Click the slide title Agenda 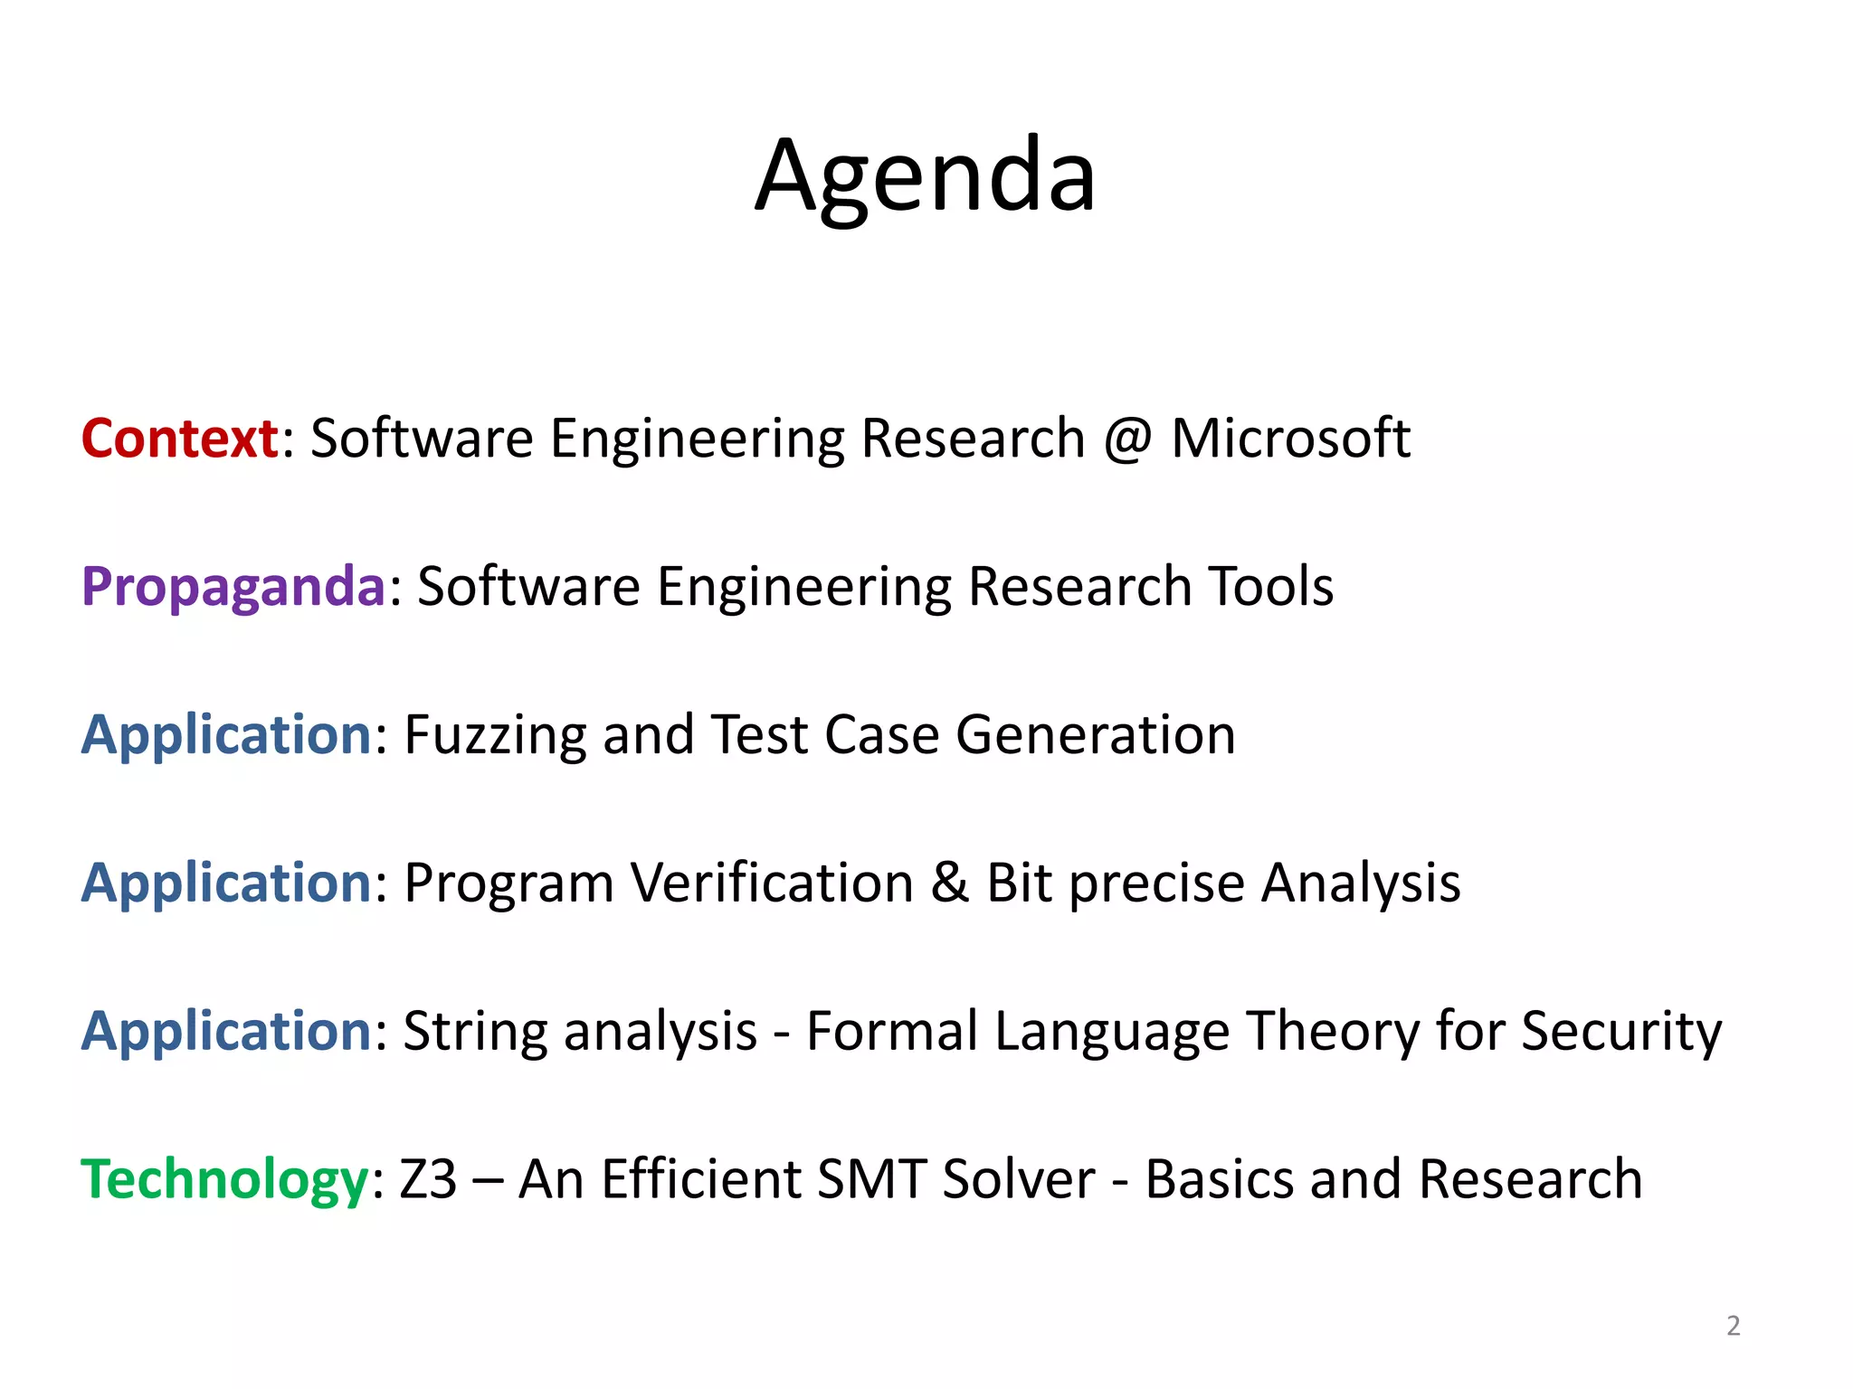[926, 176]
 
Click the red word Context [179, 439]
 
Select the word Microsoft [1290, 439]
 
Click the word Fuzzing [495, 736]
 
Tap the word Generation [1096, 734]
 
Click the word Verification [772, 883]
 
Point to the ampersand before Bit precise [949, 883]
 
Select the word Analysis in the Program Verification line [1361, 884]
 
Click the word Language [1112, 1033]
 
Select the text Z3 [428, 1180]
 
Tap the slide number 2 [1733, 1326]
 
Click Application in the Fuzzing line [226, 735]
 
